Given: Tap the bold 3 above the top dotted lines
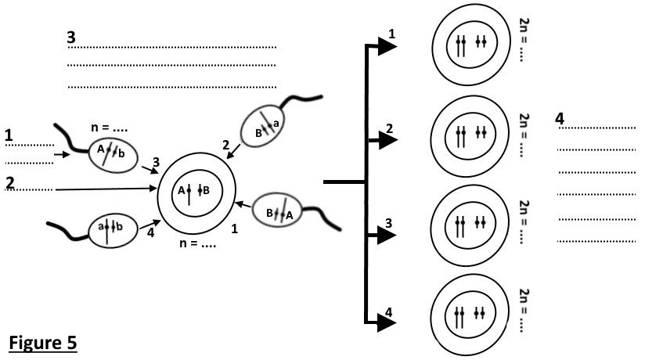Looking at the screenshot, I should (71, 37).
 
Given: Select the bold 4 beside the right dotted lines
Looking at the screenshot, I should (559, 118).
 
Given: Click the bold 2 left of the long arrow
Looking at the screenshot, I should (9, 182).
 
